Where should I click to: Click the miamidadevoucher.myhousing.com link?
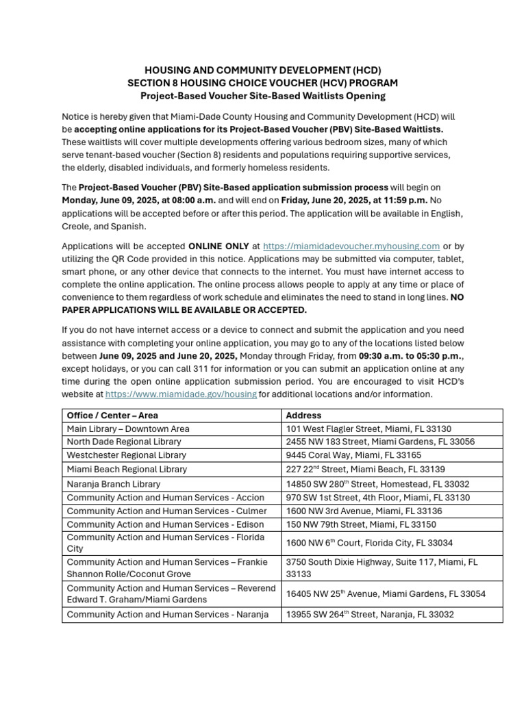351,246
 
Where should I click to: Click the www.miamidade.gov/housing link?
181,394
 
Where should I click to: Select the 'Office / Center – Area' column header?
112,416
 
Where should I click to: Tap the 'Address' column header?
303,416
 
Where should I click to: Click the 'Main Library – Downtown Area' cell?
128,429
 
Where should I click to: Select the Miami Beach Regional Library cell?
127,470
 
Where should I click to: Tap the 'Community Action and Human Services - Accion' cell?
165,498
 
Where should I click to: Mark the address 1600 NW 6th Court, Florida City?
369,543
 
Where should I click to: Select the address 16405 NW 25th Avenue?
386,594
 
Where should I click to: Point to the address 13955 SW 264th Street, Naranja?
370,615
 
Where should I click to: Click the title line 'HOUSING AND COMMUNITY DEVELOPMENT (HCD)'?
262,71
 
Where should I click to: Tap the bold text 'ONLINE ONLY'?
218,246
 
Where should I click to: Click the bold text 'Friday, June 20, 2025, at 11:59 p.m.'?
353,201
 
